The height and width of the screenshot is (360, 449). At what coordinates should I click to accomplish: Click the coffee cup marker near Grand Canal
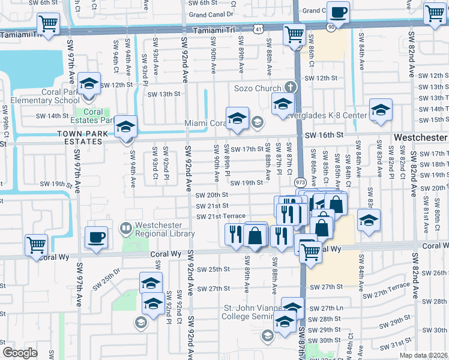(338, 12)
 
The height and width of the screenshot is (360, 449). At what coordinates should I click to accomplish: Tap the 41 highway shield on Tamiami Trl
(257, 28)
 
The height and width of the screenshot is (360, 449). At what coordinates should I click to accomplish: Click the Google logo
(20, 353)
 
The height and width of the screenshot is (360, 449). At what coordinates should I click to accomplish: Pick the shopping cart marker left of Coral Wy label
(36, 245)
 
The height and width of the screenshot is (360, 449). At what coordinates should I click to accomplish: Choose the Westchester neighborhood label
(421, 137)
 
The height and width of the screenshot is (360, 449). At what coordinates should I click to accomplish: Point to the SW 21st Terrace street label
(221, 216)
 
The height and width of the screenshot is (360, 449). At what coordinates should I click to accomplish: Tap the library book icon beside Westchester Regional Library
(125, 227)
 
